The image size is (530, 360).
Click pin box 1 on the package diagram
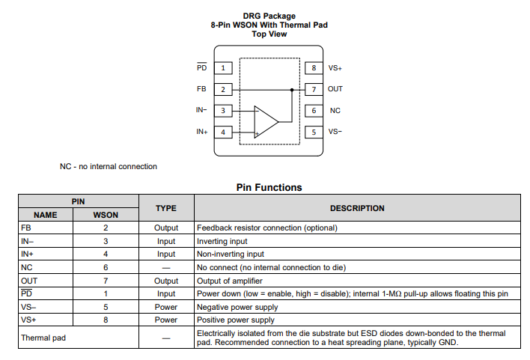pyautogui.click(x=222, y=68)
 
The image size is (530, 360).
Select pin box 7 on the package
pyautogui.click(x=314, y=89)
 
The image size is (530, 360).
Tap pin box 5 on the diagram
pyautogui.click(x=314, y=132)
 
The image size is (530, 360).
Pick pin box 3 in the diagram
pyautogui.click(x=222, y=111)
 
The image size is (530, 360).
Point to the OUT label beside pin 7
pyautogui.click(x=335, y=89)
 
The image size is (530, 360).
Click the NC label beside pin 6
pyautogui.click(x=335, y=111)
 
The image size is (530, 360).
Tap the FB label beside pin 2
pyautogui.click(x=201, y=89)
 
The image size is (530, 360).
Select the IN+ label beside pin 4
pyautogui.click(x=201, y=132)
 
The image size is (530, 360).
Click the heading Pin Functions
pyautogui.click(x=269, y=188)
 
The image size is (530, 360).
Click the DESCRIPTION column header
pyautogui.click(x=357, y=208)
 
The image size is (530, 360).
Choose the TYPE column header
pyautogui.click(x=165, y=208)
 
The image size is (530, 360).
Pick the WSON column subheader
pyautogui.click(x=106, y=215)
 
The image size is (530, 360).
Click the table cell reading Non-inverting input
pyautogui.click(x=230, y=254)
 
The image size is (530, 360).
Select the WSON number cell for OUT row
pyautogui.click(x=106, y=281)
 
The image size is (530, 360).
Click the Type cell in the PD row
pyautogui.click(x=165, y=294)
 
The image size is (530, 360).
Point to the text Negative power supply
pyautogui.click(x=237, y=307)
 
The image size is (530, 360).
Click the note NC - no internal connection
pyautogui.click(x=109, y=167)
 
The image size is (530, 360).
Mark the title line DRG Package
pyautogui.click(x=269, y=16)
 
